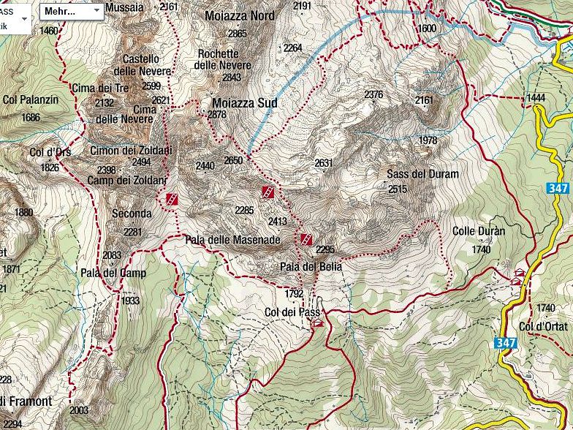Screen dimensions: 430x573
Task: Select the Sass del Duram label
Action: (422, 174)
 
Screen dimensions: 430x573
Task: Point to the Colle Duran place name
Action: (479, 231)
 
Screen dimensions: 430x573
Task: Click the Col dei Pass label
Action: (293, 312)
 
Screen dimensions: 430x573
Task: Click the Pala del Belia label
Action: (311, 267)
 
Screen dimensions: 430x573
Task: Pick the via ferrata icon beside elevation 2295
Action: (306, 239)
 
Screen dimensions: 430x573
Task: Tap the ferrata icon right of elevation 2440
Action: (269, 192)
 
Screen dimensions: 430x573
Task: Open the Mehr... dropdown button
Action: (71, 12)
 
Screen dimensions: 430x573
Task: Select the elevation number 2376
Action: (373, 94)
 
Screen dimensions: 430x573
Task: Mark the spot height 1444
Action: (536, 97)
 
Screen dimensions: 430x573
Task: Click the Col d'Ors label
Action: (50, 152)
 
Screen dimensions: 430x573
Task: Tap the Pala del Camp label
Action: (113, 274)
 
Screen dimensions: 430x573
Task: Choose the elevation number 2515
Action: (398, 189)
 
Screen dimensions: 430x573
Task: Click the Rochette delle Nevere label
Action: (222, 59)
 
